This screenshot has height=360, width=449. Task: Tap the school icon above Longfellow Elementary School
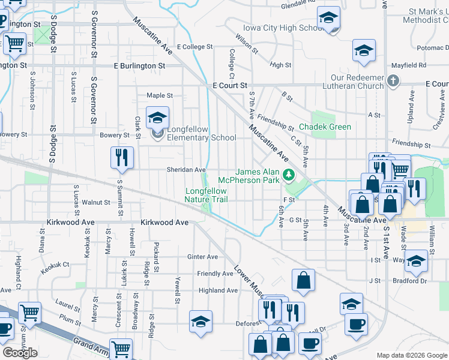pyautogui.click(x=157, y=117)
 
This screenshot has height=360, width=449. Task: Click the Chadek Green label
pyautogui.click(x=325, y=127)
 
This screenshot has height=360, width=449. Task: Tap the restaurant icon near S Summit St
pyautogui.click(x=122, y=157)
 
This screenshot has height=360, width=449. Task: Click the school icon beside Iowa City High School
pyautogui.click(x=328, y=18)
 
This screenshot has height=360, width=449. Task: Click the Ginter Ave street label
pyautogui.click(x=203, y=257)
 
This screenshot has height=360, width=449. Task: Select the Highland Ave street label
pyautogui.click(x=218, y=290)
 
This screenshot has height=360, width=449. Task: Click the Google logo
pyautogui.click(x=20, y=352)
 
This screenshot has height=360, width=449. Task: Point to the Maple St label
pyautogui.click(x=160, y=95)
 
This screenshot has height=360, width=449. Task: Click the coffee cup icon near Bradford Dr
pyautogui.click(x=355, y=324)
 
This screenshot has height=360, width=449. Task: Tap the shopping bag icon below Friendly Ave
pyautogui.click(x=304, y=279)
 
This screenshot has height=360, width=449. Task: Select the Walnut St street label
pyautogui.click(x=96, y=202)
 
